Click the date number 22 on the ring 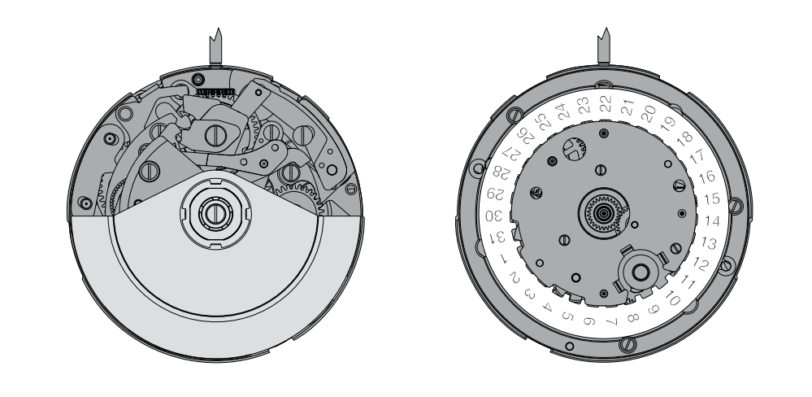pyautogui.click(x=605, y=103)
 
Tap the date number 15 pyautogui.click(x=712, y=198)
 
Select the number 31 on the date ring pyautogui.click(x=497, y=237)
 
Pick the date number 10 pyautogui.click(x=672, y=298)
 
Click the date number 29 pyautogui.click(x=496, y=194)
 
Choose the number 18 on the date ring pyautogui.click(x=684, y=137)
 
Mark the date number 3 pyautogui.click(x=529, y=294)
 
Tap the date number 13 pyautogui.click(x=709, y=242)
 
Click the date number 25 pyautogui.click(x=543, y=122)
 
